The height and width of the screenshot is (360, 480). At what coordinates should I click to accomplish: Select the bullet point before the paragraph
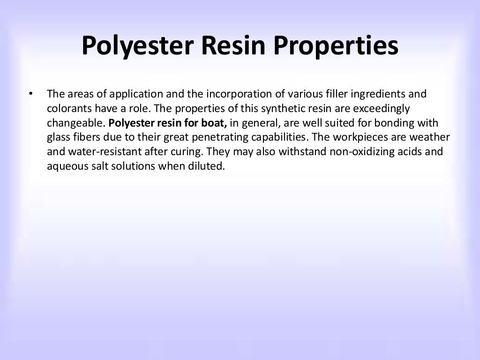30,94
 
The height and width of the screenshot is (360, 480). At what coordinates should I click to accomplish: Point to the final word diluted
208,167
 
